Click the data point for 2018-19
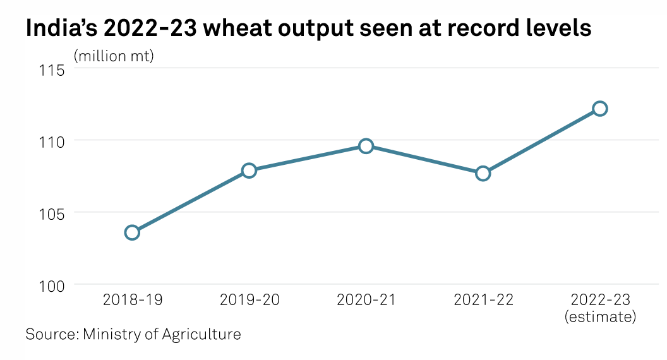[132, 232]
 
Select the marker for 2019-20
[249, 171]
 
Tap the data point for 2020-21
[366, 146]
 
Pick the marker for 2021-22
[483, 173]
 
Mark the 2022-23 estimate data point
[600, 109]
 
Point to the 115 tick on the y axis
[52, 69]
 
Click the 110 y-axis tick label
[52, 141]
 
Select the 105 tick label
[52, 213]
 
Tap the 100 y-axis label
[52, 285]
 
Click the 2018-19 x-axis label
[132, 299]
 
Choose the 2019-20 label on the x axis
[249, 299]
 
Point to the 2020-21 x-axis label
[366, 299]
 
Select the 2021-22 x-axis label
[483, 299]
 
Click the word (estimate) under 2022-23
[600, 316]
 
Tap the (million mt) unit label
[114, 56]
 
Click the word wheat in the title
[214, 28]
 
